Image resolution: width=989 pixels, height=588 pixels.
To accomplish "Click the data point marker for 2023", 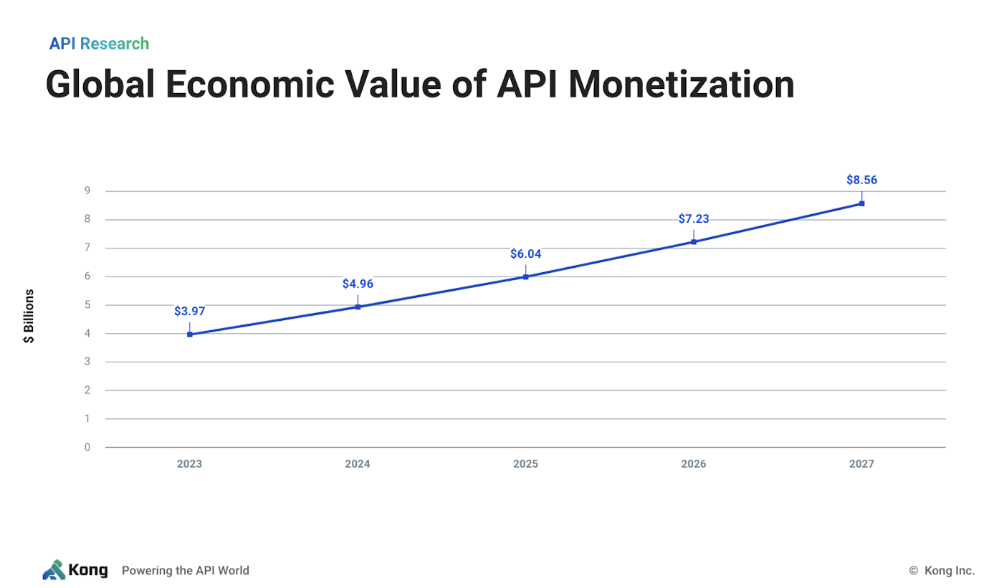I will [x=189, y=334].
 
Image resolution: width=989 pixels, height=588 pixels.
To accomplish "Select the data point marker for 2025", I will [x=525, y=276].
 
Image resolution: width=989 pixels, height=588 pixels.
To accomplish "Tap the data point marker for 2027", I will [x=861, y=203].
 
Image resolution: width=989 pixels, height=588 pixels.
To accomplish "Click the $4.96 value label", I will [x=358, y=284].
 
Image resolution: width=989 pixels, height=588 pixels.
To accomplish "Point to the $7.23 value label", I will [x=694, y=219].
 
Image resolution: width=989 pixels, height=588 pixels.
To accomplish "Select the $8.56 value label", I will [x=861, y=180].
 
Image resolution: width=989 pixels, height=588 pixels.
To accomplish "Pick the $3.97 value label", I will [x=189, y=311].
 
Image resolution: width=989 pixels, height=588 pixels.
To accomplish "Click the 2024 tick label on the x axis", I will [x=358, y=464].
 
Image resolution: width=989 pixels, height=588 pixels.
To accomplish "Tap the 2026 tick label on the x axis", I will [x=694, y=464].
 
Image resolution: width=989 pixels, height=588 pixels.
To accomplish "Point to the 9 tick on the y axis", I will [x=87, y=191].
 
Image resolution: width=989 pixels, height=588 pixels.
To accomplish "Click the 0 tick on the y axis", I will [x=87, y=448].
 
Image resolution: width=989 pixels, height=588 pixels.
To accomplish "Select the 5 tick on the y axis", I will [x=87, y=305].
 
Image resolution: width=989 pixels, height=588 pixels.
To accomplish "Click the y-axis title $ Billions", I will [x=29, y=316].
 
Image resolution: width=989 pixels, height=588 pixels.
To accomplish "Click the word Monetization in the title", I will [x=681, y=85].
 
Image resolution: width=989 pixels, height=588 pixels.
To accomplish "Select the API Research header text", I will [x=99, y=44].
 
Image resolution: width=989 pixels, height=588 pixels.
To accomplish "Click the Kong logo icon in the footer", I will [x=54, y=570].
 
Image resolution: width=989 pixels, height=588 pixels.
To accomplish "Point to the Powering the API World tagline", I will [x=186, y=571].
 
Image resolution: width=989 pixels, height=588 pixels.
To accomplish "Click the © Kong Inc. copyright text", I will [x=942, y=571].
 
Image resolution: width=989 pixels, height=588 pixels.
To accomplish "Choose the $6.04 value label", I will [x=525, y=254].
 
